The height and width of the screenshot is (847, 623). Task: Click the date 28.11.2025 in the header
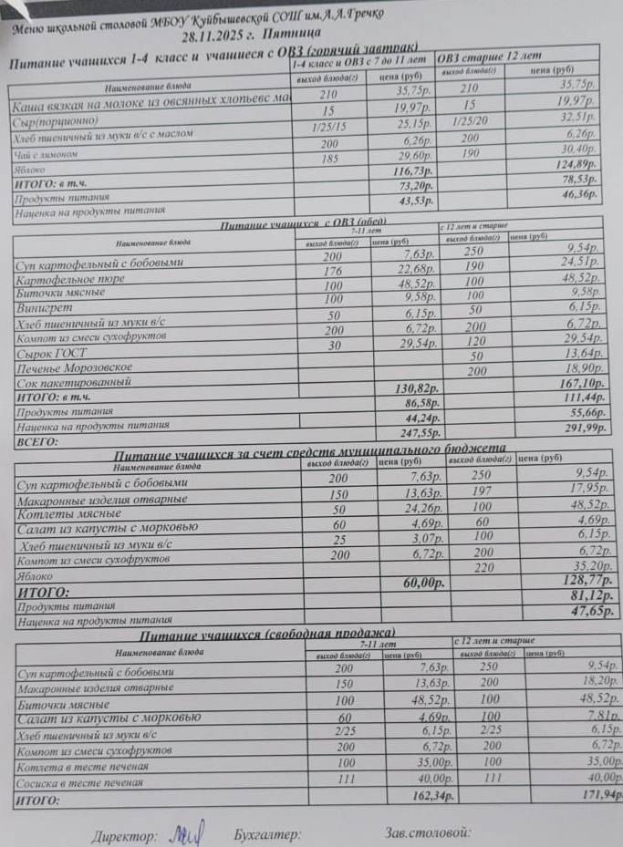tap(223, 37)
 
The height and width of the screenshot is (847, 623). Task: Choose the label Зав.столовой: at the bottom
tap(427, 832)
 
